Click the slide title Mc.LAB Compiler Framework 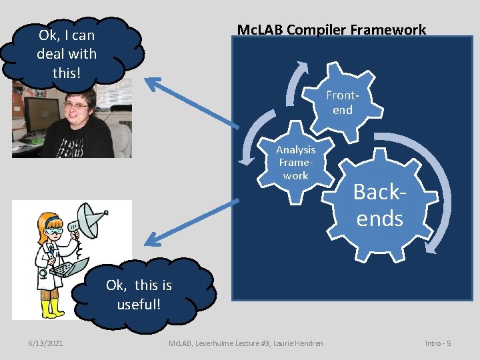[331, 30]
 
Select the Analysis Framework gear [295, 163]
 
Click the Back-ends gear [379, 205]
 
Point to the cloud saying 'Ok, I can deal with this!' [67, 53]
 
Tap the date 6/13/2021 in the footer [46, 343]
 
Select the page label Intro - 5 [438, 343]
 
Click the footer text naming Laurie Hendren [245, 343]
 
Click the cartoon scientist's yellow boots [50, 308]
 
